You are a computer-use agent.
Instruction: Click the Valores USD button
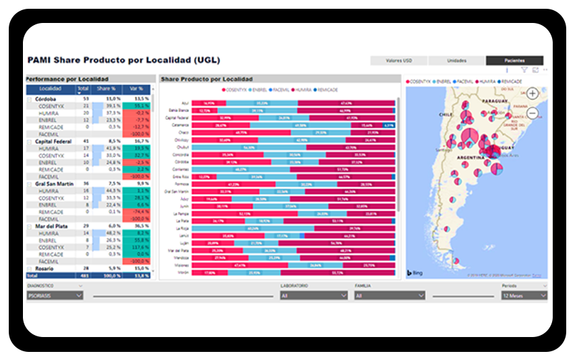pyautogui.click(x=399, y=60)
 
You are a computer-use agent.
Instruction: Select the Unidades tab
pyautogui.click(x=457, y=60)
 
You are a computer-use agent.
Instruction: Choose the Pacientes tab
pyautogui.click(x=514, y=60)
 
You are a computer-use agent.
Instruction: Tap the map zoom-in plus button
pyautogui.click(x=533, y=94)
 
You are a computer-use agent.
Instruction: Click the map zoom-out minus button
pyautogui.click(x=533, y=113)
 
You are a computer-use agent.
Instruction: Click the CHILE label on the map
pyautogui.click(x=445, y=115)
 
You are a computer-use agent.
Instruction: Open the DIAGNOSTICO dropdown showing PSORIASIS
pyautogui.click(x=55, y=295)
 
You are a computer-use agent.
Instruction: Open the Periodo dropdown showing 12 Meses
pyautogui.click(x=524, y=295)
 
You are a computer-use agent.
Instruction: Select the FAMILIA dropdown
pyautogui.click(x=389, y=295)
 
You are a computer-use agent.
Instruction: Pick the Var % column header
pyautogui.click(x=136, y=88)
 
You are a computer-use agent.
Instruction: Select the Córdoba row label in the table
pyautogui.click(x=46, y=99)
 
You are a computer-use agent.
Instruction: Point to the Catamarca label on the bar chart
pyautogui.click(x=180, y=125)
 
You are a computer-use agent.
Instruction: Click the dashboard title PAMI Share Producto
pyautogui.click(x=123, y=60)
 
